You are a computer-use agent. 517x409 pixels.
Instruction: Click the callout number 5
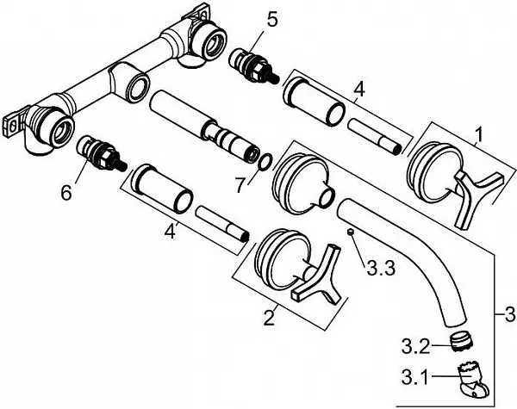(x=272, y=20)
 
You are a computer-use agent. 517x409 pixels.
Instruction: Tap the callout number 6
(x=66, y=192)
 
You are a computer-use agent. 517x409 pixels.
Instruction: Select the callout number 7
(x=241, y=185)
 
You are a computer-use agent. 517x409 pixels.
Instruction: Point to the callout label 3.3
(x=381, y=269)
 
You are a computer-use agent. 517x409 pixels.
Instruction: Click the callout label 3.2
(x=416, y=346)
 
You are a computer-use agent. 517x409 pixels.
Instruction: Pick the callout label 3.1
(x=415, y=377)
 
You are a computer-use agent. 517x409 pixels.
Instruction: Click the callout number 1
(x=479, y=135)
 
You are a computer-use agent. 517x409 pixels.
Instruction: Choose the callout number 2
(x=269, y=318)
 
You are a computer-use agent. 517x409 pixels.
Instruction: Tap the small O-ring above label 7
(x=266, y=162)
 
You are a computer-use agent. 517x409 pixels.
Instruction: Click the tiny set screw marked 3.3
(x=351, y=232)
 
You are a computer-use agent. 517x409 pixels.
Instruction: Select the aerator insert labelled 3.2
(x=461, y=342)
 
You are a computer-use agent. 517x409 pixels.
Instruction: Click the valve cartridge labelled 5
(x=254, y=66)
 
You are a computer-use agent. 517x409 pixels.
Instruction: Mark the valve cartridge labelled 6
(x=102, y=153)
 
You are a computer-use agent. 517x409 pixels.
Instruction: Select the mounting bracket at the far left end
(x=13, y=124)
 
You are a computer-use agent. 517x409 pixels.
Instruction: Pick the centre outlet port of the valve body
(x=138, y=87)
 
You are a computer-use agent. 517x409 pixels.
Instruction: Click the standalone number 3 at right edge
(x=510, y=314)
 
